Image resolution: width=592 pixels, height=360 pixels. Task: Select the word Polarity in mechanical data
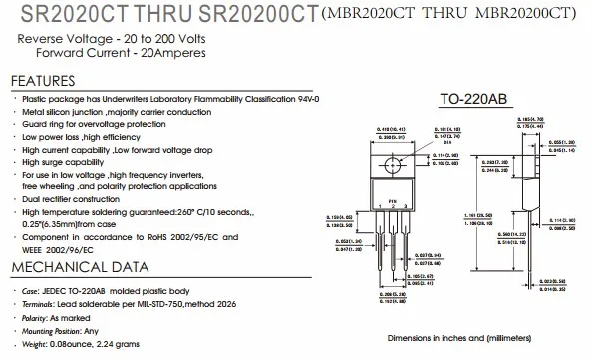point(38,315)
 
